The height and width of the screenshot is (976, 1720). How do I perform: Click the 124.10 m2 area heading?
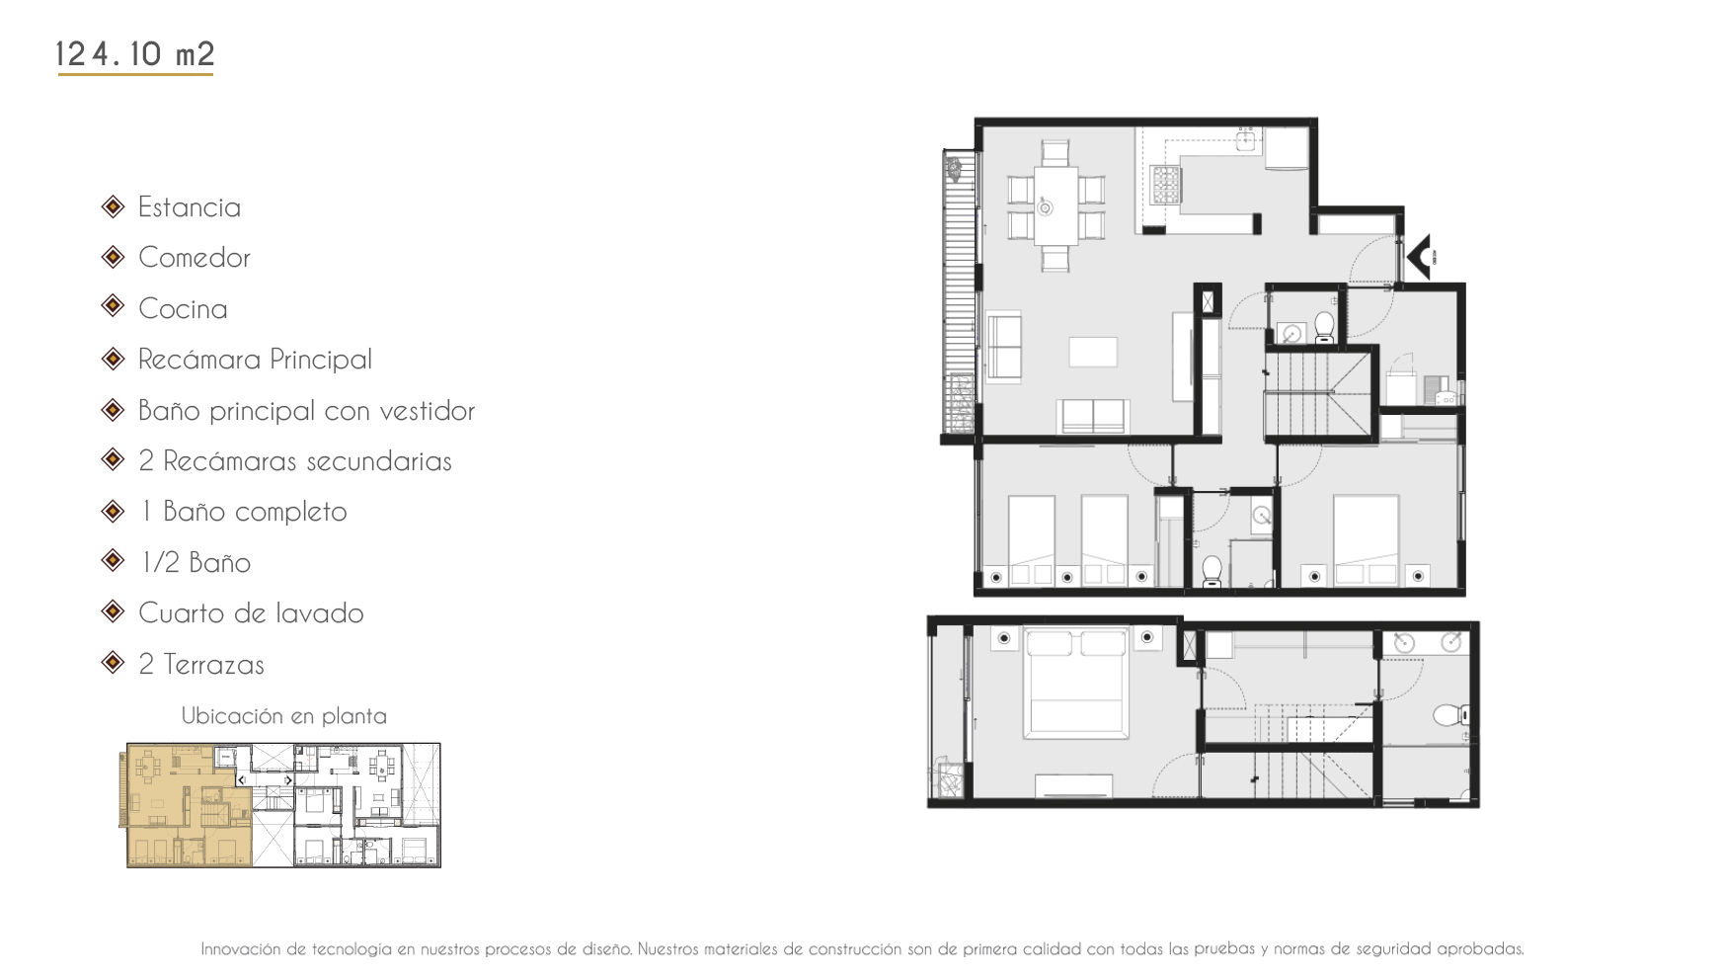tap(135, 53)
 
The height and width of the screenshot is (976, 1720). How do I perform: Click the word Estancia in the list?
tap(190, 207)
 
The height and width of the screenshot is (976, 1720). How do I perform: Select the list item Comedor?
tap(195, 258)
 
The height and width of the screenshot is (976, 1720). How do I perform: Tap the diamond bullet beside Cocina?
tap(114, 307)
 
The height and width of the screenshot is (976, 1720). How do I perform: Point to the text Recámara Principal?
tap(256, 360)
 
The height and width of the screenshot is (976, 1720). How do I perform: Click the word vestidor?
tap(428, 411)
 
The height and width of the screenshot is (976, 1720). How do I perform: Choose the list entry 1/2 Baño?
tap(195, 563)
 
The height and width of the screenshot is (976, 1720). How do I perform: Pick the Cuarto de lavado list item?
tap(251, 613)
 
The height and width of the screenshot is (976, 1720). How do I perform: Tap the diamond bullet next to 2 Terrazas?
tap(114, 663)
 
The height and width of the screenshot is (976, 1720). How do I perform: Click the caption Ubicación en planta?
tap(284, 716)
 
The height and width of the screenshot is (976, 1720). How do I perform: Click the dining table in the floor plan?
tap(1055, 205)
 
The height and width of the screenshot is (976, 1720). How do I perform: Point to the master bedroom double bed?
tap(1076, 683)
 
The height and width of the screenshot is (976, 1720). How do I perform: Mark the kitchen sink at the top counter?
tap(1246, 140)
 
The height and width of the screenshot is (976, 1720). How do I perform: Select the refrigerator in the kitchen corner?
tap(1288, 148)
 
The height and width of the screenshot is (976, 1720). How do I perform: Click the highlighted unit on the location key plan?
tap(188, 805)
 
